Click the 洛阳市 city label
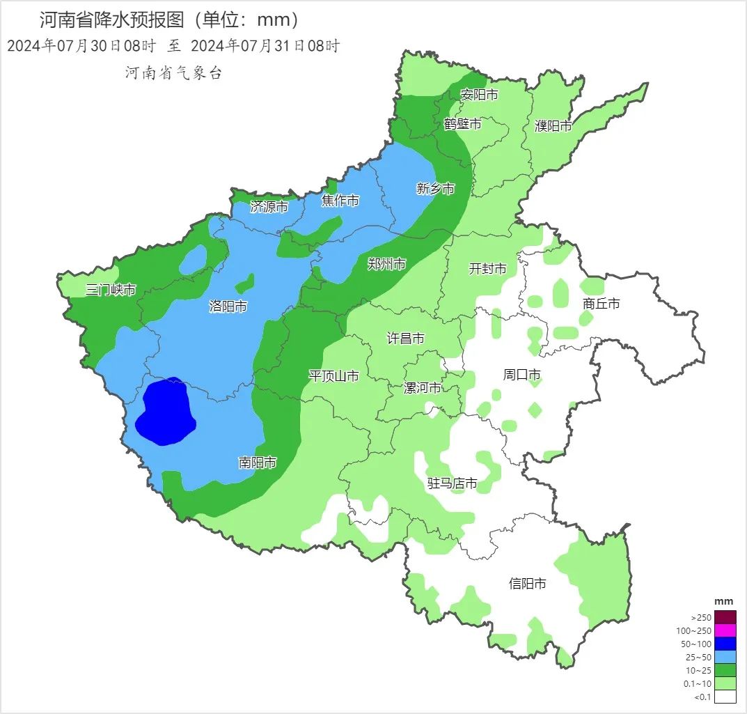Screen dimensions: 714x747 click(228, 306)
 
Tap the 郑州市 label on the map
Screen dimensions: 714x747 click(387, 264)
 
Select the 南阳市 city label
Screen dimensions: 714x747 click(258, 463)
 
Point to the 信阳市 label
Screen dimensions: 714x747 click(528, 584)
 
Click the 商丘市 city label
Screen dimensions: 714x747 click(601, 304)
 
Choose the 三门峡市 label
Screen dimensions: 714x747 click(111, 290)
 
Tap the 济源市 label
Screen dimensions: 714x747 click(269, 206)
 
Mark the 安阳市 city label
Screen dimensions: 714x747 click(480, 95)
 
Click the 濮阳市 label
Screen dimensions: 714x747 click(553, 126)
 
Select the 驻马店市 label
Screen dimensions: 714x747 click(453, 483)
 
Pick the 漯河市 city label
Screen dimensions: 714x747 click(423, 388)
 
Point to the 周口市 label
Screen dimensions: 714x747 click(522, 375)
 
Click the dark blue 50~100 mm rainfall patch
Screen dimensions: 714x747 click(165, 413)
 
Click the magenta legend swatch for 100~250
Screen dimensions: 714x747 click(725, 630)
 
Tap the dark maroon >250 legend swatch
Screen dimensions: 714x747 click(725, 617)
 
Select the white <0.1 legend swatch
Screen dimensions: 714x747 click(725, 696)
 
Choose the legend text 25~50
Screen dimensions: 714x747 click(700, 657)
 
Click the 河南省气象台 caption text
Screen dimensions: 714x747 click(173, 73)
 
